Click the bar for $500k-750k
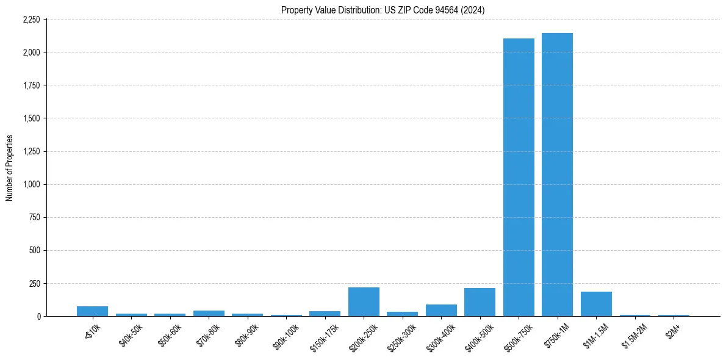point(519,177)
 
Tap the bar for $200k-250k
point(364,302)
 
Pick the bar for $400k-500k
point(480,302)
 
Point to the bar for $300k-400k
point(441,310)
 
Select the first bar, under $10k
point(92,311)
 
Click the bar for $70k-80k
point(209,313)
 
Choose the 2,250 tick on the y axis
point(31,20)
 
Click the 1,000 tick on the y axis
point(31,184)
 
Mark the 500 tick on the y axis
point(34,250)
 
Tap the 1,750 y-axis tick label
point(31,85)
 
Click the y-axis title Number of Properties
point(10,168)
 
